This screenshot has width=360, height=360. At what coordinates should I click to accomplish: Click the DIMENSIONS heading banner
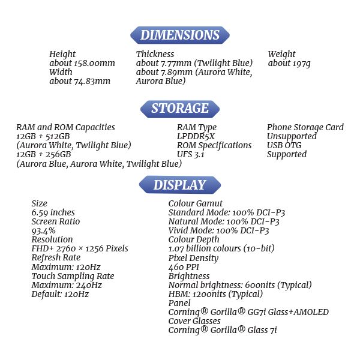(x=179, y=35)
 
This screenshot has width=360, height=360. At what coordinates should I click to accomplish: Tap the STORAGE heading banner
(x=179, y=109)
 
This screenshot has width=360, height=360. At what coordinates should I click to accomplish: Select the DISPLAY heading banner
(x=179, y=185)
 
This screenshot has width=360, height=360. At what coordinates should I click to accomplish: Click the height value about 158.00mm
(x=82, y=63)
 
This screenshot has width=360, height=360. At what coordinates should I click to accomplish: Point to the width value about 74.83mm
(x=80, y=81)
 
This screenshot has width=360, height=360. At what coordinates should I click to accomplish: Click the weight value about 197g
(x=289, y=63)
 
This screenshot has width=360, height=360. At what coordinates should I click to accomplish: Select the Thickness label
(x=155, y=54)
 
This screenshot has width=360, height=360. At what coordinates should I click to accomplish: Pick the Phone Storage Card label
(x=305, y=127)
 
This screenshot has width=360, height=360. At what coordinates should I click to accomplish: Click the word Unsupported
(x=292, y=136)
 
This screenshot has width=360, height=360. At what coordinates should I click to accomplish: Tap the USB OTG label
(x=284, y=145)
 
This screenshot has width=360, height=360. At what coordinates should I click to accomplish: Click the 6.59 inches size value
(x=53, y=212)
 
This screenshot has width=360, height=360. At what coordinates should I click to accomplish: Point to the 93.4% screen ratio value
(x=43, y=230)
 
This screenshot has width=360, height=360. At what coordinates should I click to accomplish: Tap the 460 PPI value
(x=184, y=267)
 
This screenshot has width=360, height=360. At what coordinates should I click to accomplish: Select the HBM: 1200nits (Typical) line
(x=215, y=294)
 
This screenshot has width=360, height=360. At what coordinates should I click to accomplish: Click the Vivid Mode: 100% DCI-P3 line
(x=218, y=230)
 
